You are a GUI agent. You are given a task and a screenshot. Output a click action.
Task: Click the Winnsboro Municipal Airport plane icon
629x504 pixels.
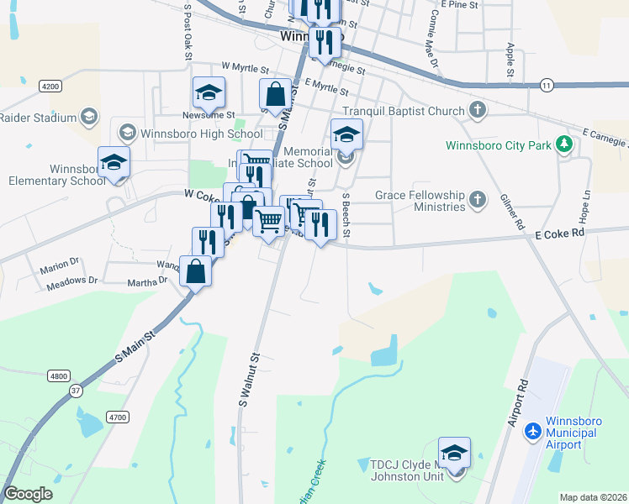[532, 432]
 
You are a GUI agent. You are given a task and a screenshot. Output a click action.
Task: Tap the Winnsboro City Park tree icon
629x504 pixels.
[565, 145]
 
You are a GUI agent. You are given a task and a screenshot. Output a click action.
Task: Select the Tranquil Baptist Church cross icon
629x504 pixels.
[478, 111]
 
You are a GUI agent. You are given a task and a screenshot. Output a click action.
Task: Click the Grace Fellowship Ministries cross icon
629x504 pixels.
[478, 200]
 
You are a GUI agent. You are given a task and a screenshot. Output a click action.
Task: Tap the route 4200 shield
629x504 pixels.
[51, 86]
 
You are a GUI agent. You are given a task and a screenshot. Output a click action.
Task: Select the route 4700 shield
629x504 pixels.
[117, 417]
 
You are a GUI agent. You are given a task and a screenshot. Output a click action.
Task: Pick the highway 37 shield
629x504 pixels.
[76, 390]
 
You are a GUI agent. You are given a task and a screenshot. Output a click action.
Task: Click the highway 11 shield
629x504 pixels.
[547, 85]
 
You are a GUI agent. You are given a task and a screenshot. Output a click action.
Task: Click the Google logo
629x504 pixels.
[29, 493]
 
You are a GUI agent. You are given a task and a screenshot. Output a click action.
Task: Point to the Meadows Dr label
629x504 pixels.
[70, 280]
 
